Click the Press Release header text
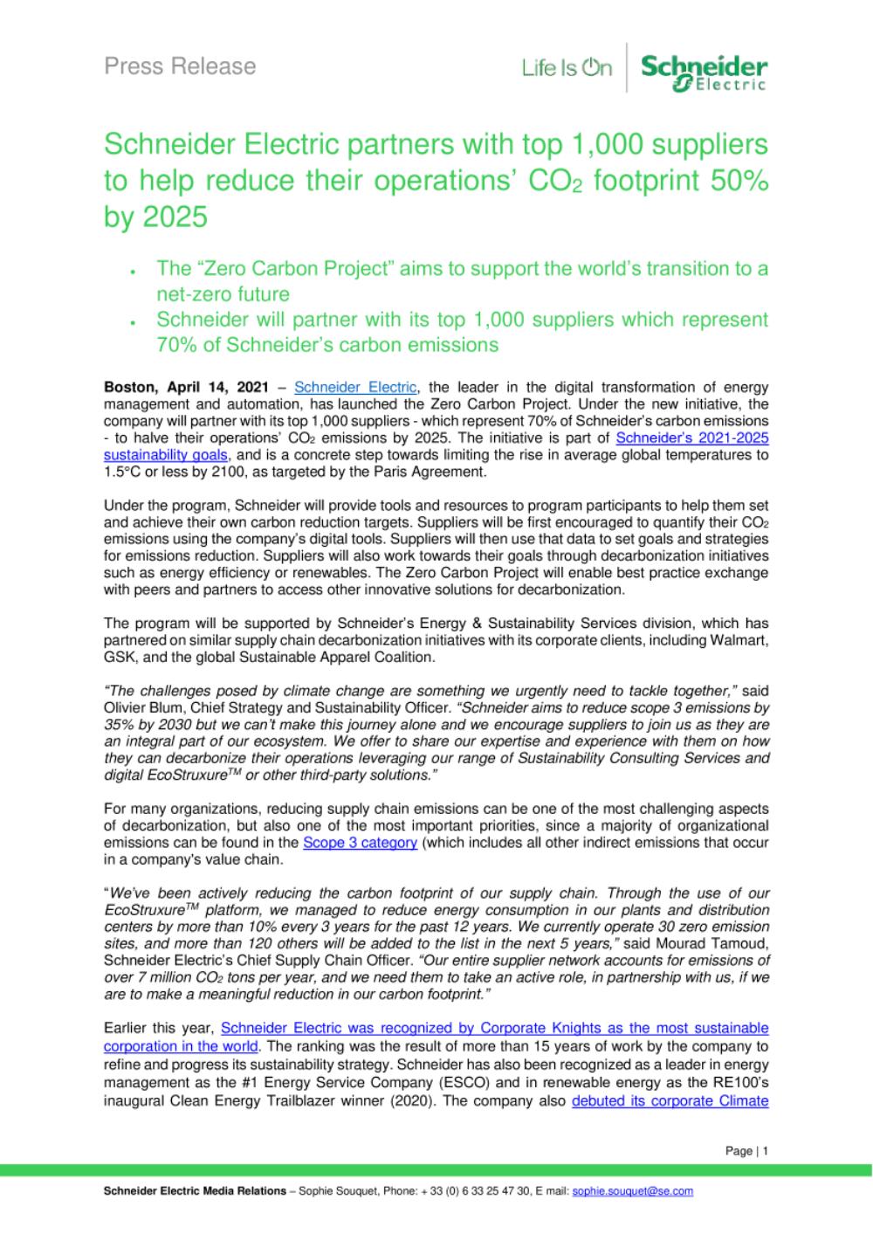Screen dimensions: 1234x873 [x=180, y=66]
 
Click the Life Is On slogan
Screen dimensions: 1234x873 [x=567, y=68]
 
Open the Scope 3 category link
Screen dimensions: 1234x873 [x=360, y=843]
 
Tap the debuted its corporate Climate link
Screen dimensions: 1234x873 [x=670, y=1100]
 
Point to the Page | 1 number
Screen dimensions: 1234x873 [x=746, y=1151]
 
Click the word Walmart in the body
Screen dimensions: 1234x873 [x=739, y=640]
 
